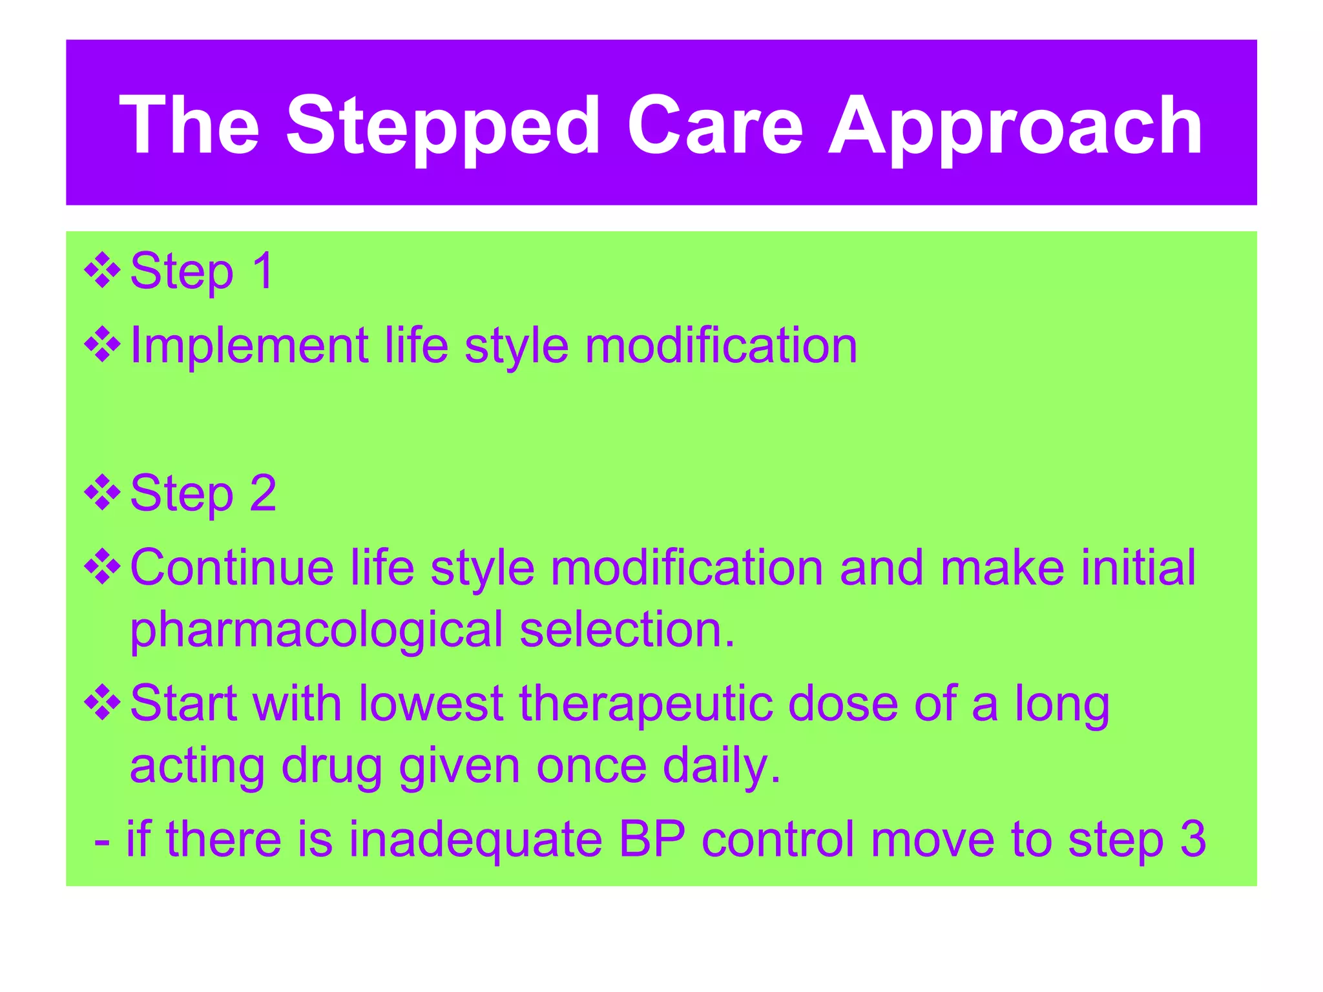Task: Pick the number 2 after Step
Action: click(264, 493)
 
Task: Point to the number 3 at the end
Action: click(1193, 839)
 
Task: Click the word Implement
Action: click(249, 346)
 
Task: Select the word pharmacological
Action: click(316, 630)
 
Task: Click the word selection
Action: click(627, 630)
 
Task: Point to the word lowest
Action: click(430, 703)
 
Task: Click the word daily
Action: click(722, 767)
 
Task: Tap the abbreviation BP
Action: click(652, 839)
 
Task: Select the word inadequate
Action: click(475, 839)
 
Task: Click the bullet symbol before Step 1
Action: click(103, 271)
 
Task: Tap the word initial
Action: click(1138, 567)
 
